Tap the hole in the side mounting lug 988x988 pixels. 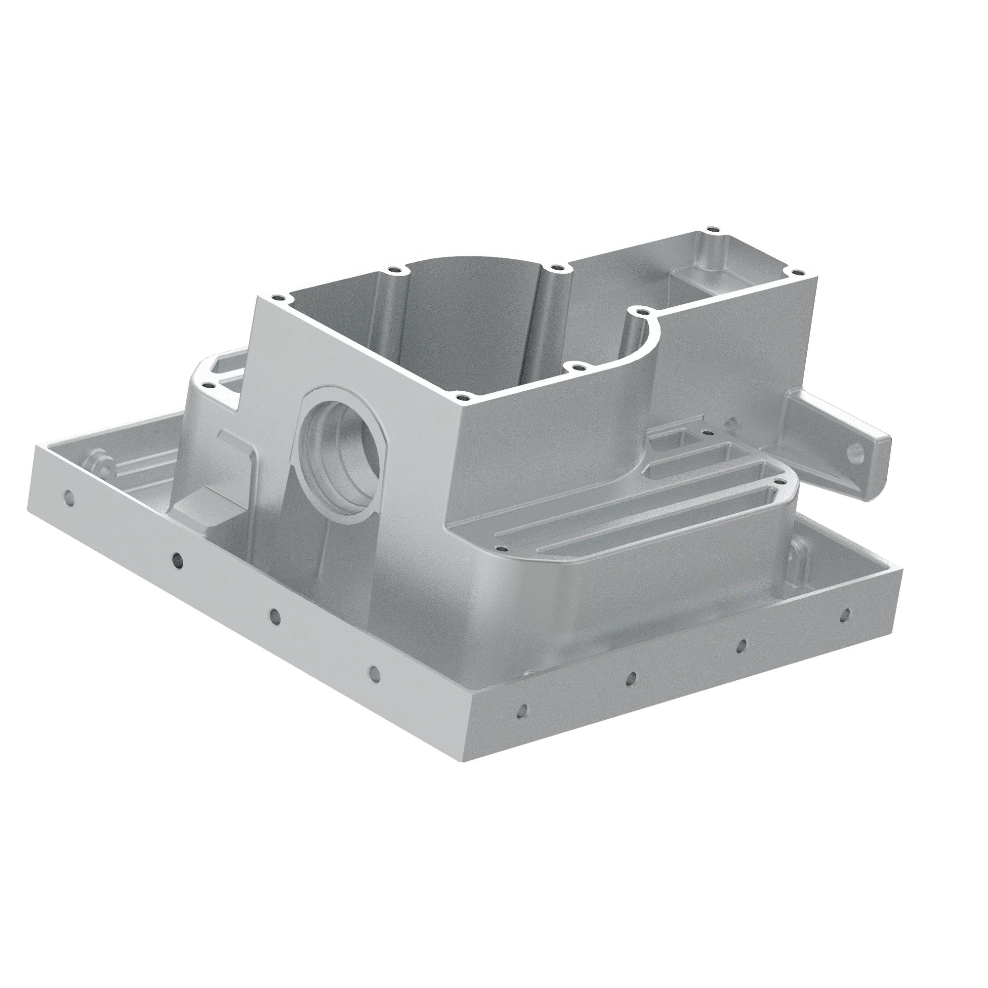[x=855, y=451]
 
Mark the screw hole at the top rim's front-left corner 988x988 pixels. [x=277, y=297]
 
